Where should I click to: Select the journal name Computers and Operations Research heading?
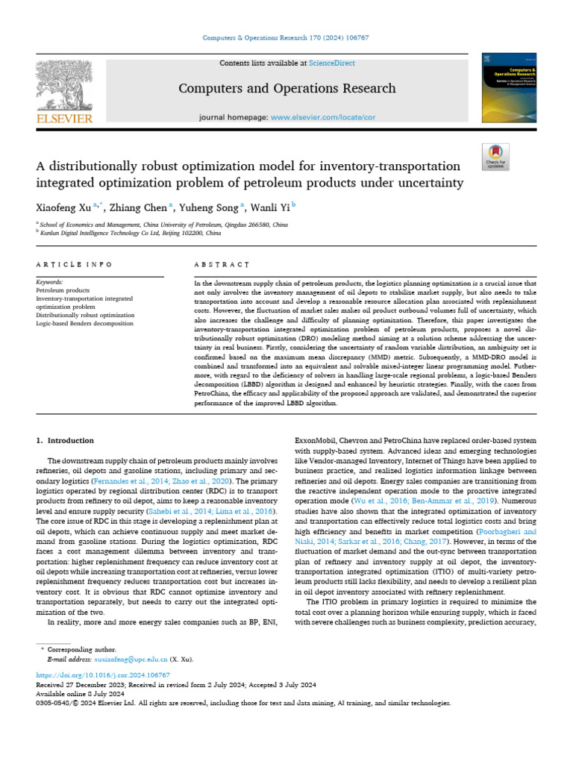pos(286,89)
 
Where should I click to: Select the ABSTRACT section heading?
pos(222,265)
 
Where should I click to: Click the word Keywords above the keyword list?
pos(50,282)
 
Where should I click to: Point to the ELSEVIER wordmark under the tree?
pos(63,118)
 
